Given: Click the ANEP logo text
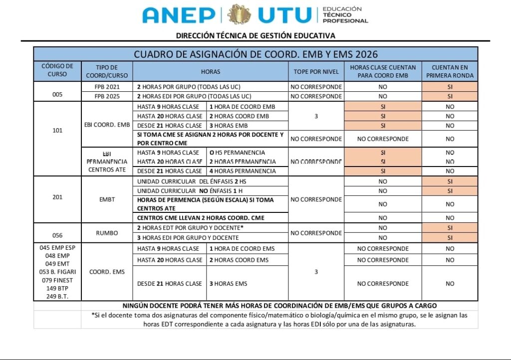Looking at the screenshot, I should tap(179, 15).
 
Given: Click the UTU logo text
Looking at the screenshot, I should tap(284, 15).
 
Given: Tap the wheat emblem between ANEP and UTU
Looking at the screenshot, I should tap(239, 14).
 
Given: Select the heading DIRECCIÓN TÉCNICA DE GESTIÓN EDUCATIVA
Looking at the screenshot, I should tap(255, 35).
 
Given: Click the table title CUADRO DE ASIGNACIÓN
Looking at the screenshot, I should tap(255, 54).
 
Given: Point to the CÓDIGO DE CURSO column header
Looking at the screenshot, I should tap(57, 70).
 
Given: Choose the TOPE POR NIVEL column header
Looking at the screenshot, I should tap(316, 72).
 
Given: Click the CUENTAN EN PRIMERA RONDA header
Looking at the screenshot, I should tap(450, 72).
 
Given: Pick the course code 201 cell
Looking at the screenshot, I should tap(57, 197).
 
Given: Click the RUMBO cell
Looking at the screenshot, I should tap(107, 233).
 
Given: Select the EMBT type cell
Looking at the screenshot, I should tap(107, 199).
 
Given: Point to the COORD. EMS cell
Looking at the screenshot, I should tap(107, 272).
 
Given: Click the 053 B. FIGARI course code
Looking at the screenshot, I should tap(57, 272).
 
